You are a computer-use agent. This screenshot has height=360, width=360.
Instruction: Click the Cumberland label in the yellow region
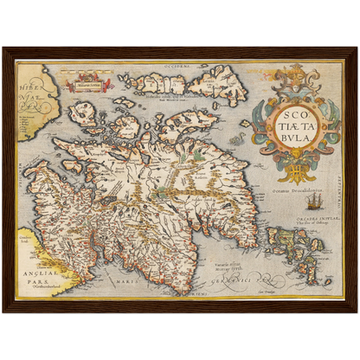(x=28, y=235)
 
